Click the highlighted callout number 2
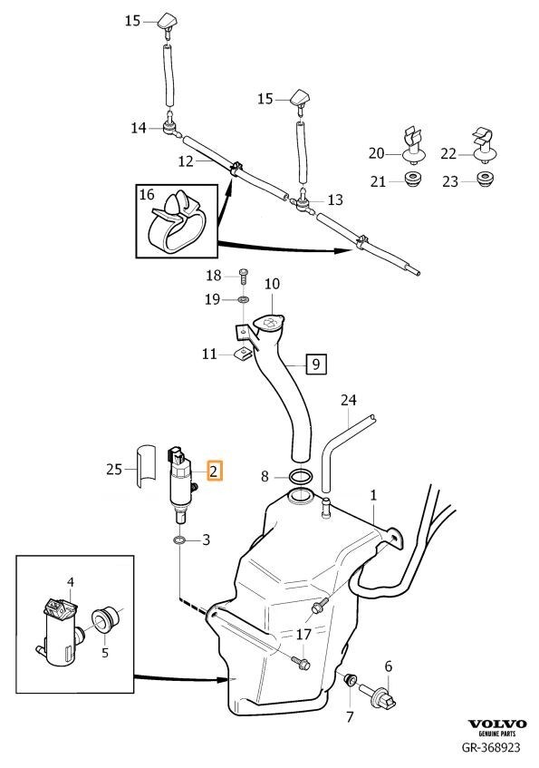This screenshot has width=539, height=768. point(214,471)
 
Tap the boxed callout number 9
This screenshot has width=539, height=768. point(316,364)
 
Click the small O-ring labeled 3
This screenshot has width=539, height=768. point(179,540)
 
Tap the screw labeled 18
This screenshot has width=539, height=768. point(243,277)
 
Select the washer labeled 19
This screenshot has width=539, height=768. point(244,298)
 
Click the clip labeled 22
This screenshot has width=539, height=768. point(486,145)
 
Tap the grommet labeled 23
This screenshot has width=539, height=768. point(486,179)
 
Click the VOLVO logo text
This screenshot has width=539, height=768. point(497,724)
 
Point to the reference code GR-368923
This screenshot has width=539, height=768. point(491,747)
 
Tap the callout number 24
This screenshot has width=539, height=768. point(348,400)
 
